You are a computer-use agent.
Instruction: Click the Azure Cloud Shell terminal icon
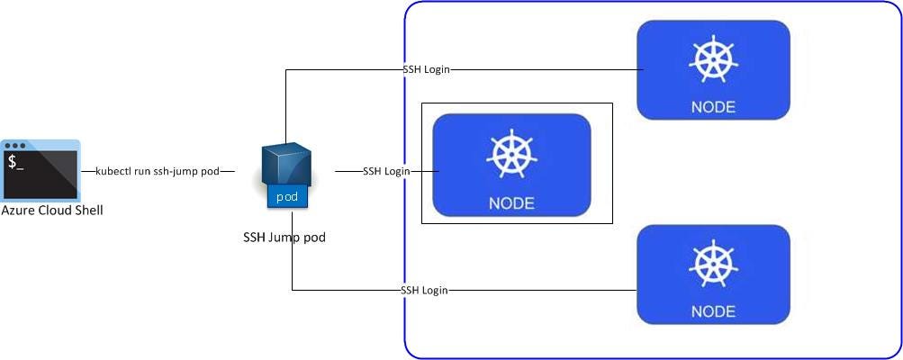pos(41,170)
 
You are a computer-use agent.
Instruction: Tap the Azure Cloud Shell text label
pos(52,210)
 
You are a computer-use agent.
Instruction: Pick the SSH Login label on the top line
pos(427,69)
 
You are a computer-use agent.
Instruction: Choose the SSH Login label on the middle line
pos(386,171)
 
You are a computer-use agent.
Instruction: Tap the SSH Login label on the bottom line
pos(424,291)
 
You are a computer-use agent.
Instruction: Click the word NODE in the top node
pos(712,107)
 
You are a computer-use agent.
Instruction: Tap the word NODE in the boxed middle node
pos(510,202)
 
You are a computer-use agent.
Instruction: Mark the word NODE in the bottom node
pos(712,311)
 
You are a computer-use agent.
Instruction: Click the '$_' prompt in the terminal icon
pos(16,163)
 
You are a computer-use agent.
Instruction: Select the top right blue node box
pos(712,70)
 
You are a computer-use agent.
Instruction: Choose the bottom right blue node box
pos(712,274)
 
